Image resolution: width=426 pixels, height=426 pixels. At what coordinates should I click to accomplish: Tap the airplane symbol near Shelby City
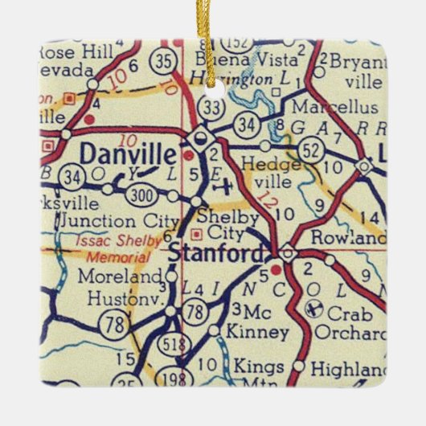227,186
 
